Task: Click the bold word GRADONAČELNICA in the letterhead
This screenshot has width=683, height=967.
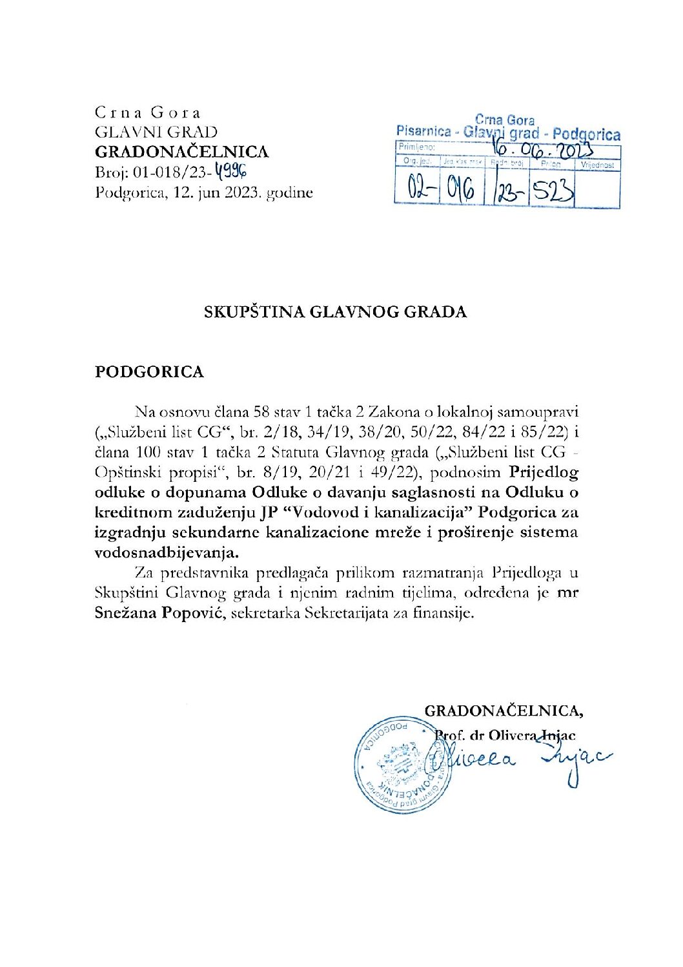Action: (x=181, y=152)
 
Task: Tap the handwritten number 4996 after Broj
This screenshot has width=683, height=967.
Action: (x=231, y=172)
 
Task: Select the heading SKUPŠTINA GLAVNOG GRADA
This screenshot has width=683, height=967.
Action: (x=335, y=312)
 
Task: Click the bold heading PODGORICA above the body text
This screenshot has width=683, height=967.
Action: (x=149, y=371)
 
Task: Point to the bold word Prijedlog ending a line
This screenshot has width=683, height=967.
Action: (x=544, y=472)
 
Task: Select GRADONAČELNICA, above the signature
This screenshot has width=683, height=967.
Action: (x=504, y=711)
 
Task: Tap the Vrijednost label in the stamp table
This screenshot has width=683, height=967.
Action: (x=597, y=165)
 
